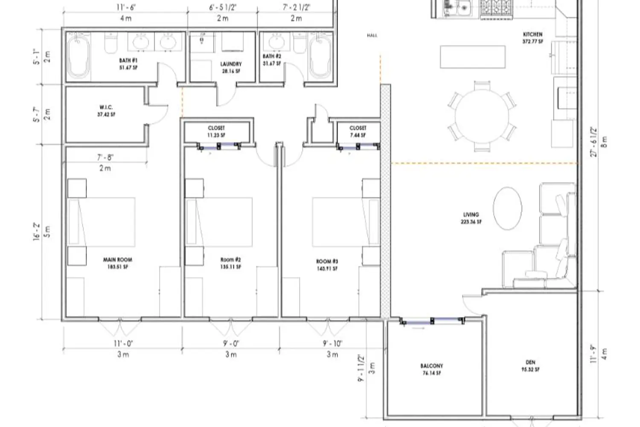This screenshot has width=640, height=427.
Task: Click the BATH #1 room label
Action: [x=128, y=61]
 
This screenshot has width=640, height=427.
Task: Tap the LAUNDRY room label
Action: [x=231, y=64]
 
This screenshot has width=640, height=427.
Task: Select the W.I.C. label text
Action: [x=106, y=108]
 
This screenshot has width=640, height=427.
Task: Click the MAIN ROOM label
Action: [x=117, y=260]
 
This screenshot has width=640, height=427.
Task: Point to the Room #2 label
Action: [x=230, y=260]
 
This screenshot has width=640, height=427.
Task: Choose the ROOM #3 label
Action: [x=327, y=261]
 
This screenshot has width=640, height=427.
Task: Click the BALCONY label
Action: [x=431, y=366]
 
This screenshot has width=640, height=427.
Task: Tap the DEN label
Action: [x=530, y=362]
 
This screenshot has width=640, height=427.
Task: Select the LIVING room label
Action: [x=471, y=215]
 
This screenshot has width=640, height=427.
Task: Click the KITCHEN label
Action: [x=532, y=34]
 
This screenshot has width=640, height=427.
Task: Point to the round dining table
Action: [x=482, y=116]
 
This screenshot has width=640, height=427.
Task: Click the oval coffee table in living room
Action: [x=507, y=208]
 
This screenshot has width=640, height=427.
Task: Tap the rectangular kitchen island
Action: [x=473, y=57]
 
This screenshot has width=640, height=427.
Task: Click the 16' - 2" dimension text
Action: [x=37, y=231]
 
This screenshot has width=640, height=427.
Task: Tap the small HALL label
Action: [x=372, y=35]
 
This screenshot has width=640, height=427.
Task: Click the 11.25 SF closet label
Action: [x=216, y=135]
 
